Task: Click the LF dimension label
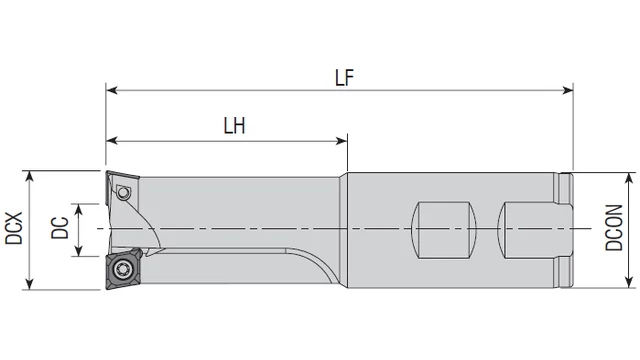[x=344, y=78]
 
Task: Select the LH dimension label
[x=234, y=126]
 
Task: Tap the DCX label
[x=13, y=228]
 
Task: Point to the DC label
[x=60, y=228]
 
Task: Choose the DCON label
[x=614, y=228]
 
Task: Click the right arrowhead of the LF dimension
[x=568, y=90]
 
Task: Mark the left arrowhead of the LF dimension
[x=111, y=90]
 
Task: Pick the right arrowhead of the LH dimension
[x=342, y=141]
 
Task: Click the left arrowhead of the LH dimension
[x=111, y=141]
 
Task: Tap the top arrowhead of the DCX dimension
[x=29, y=176]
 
